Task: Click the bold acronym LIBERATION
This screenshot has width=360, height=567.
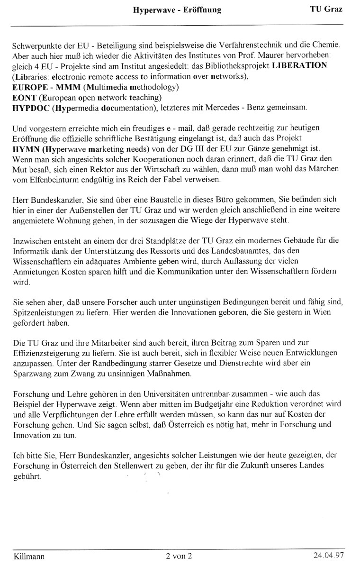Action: (299, 66)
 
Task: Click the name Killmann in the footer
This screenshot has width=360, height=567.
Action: (29, 556)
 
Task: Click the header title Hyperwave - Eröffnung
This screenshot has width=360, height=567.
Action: (177, 9)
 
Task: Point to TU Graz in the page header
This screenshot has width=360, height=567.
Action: (326, 9)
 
